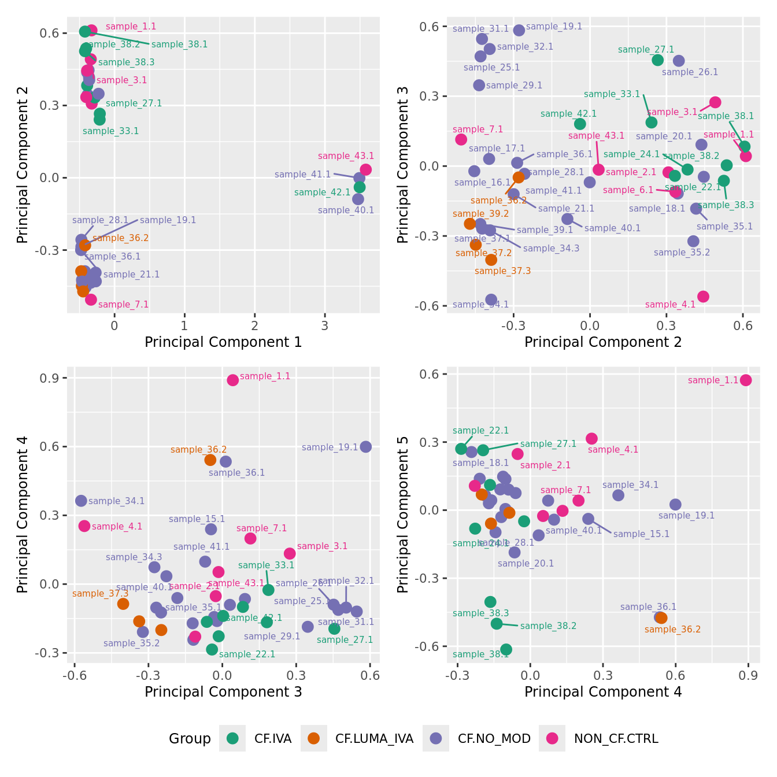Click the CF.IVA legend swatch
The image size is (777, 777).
click(x=232, y=738)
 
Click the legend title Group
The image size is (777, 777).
click(x=190, y=738)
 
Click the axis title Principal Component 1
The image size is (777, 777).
click(x=223, y=342)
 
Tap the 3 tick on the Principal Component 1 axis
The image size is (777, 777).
click(x=325, y=325)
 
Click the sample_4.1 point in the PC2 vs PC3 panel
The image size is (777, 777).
click(x=703, y=297)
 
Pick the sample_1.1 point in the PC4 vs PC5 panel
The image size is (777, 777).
click(x=746, y=380)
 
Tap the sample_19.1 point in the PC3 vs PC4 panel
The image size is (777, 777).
click(x=366, y=447)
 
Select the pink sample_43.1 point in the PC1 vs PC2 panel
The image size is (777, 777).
click(x=365, y=169)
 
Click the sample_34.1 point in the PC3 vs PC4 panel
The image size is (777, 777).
click(x=81, y=501)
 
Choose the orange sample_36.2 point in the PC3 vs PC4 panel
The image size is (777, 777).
click(x=210, y=460)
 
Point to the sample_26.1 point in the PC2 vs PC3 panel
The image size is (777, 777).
click(x=679, y=61)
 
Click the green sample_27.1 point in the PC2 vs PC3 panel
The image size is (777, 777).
click(x=658, y=60)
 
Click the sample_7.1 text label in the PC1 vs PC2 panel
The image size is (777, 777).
click(x=123, y=305)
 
